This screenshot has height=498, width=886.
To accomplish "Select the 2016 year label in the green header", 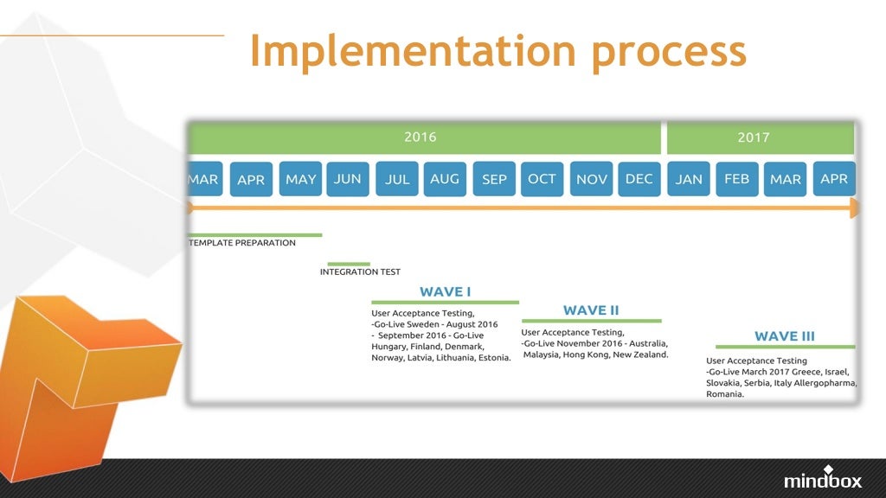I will pyautogui.click(x=421, y=137).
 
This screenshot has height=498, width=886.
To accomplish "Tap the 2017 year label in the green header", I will pyautogui.click(x=753, y=137).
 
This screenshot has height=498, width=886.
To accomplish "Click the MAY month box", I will pyautogui.click(x=300, y=179).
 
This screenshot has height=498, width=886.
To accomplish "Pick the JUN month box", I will pyautogui.click(x=348, y=179).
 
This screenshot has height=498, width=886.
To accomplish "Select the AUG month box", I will pyautogui.click(x=445, y=179).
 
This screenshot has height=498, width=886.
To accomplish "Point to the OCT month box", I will pyautogui.click(x=542, y=179).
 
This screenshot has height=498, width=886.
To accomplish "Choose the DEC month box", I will pyautogui.click(x=639, y=179).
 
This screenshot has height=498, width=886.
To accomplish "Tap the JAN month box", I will pyautogui.click(x=689, y=179).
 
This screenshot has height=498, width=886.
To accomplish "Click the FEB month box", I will pyautogui.click(x=737, y=179).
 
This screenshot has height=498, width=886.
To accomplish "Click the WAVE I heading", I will pyautogui.click(x=446, y=291).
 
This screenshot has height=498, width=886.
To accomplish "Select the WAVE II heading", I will pyautogui.click(x=591, y=310).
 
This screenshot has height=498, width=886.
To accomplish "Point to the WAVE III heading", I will pyautogui.click(x=784, y=336).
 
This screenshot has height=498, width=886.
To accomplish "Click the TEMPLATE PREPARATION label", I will pyautogui.click(x=242, y=243).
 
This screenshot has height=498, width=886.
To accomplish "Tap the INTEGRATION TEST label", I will pyautogui.click(x=360, y=271).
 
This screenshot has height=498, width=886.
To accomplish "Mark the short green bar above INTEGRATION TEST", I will pyautogui.click(x=349, y=264).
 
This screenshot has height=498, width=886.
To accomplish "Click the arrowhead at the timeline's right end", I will pyautogui.click(x=854, y=207).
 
